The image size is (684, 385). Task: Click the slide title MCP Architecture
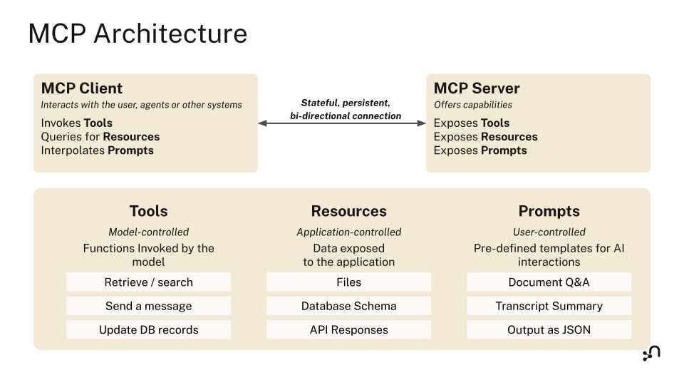click(x=138, y=34)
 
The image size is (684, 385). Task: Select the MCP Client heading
click(x=82, y=88)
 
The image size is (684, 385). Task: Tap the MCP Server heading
click(x=477, y=88)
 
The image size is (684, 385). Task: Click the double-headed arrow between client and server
click(x=341, y=123)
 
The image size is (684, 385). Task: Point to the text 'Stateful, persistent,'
click(x=346, y=103)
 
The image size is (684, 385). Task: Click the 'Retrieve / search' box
click(x=148, y=282)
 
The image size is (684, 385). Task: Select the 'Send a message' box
click(x=148, y=306)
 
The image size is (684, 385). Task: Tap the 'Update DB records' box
click(x=148, y=330)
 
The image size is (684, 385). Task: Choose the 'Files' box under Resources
click(x=348, y=282)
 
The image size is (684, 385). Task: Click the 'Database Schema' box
click(x=348, y=306)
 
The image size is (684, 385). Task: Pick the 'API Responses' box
click(x=348, y=330)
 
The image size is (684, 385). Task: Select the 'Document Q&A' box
click(x=549, y=282)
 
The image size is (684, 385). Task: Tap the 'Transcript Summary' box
click(x=549, y=306)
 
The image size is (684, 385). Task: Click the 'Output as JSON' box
click(x=549, y=330)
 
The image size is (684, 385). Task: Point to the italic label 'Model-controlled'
click(x=148, y=232)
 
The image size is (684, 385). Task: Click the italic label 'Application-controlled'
click(x=348, y=232)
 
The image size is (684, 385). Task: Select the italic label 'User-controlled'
click(x=549, y=232)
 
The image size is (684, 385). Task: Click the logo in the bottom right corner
click(x=651, y=354)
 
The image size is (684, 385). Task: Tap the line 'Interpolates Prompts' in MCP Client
click(x=97, y=150)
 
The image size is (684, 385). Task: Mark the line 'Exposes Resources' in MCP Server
click(x=485, y=137)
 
